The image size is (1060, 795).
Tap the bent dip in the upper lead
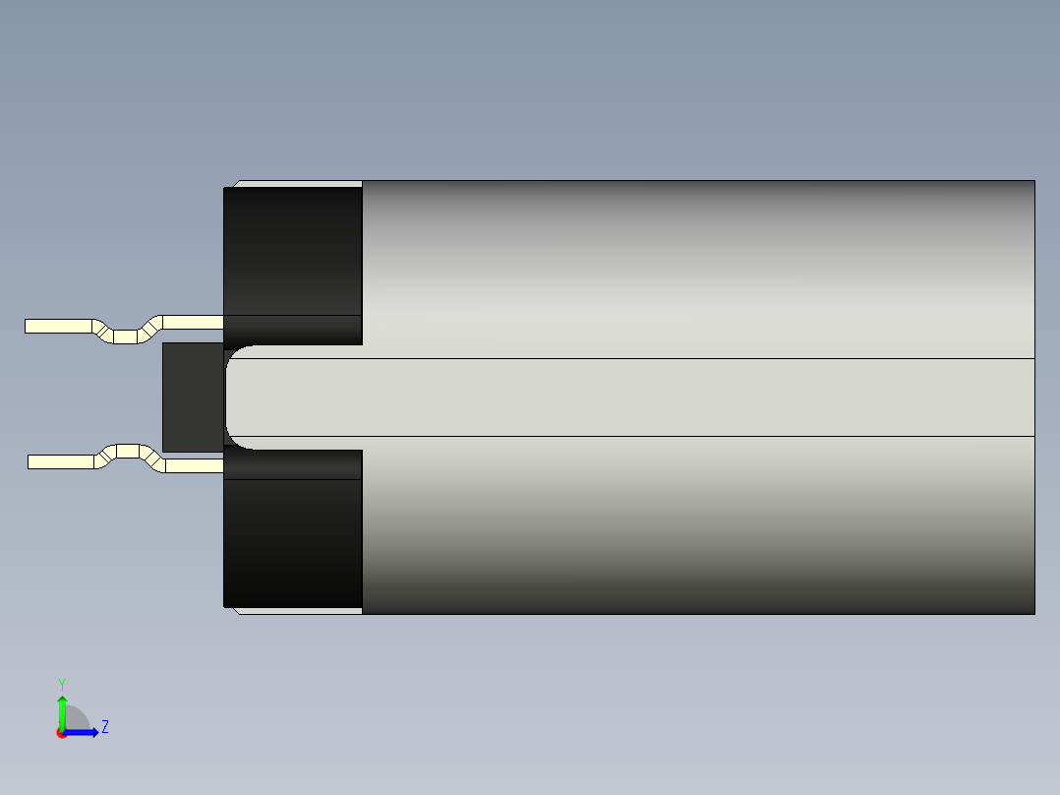point(124,336)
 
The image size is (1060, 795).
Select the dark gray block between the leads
point(193,397)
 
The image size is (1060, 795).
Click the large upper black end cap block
point(293,251)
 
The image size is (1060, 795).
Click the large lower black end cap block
point(293,543)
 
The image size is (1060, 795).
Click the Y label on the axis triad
point(61,683)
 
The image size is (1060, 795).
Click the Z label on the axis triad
point(104,727)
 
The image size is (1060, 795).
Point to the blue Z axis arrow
point(85,732)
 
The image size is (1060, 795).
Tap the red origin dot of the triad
point(61,734)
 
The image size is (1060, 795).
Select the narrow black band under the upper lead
point(293,330)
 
